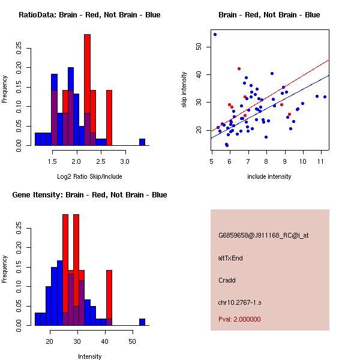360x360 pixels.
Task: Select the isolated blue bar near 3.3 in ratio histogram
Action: pos(142,142)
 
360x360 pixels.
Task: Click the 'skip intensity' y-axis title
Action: pos(185,90)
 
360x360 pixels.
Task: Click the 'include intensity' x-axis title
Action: pos(269,176)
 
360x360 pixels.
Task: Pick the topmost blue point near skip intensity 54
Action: pos(215,34)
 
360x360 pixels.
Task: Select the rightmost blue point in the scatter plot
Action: pos(325,97)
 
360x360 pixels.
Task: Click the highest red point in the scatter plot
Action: pos(239,68)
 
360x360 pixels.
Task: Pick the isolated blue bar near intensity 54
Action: pos(142,322)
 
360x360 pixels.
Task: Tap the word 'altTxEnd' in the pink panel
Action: pos(230,258)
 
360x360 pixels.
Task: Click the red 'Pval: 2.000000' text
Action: pos(239,319)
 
